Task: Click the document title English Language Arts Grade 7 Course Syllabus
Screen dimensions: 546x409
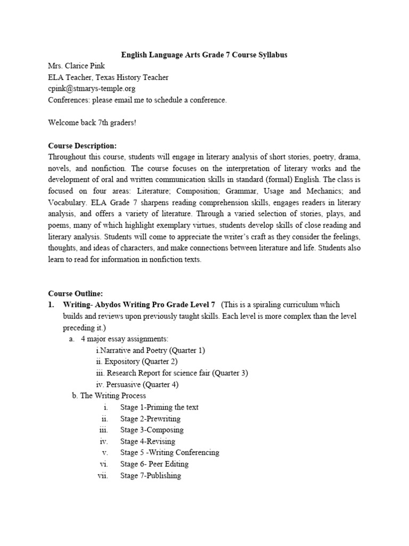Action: pyautogui.click(x=204, y=55)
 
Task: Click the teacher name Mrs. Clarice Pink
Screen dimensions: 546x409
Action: pyautogui.click(x=77, y=66)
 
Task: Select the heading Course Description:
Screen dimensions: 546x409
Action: pyautogui.click(x=82, y=146)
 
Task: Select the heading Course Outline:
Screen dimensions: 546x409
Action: pyautogui.click(x=76, y=293)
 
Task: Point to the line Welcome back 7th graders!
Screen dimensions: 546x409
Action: pyautogui.click(x=92, y=123)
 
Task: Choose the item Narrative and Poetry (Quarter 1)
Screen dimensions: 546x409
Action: pyautogui.click(x=150, y=350)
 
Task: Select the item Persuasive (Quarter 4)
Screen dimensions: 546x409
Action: pyautogui.click(x=137, y=384)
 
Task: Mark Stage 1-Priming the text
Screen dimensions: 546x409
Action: pyautogui.click(x=159, y=407)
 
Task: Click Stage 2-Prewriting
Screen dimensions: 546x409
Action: pyautogui.click(x=150, y=419)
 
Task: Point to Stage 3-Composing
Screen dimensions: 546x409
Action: pyautogui.click(x=152, y=430)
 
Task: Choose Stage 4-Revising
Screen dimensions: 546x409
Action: pyautogui.click(x=148, y=441)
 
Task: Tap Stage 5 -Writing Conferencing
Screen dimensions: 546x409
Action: pyautogui.click(x=169, y=453)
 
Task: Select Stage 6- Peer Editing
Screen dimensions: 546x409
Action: pyautogui.click(x=150, y=464)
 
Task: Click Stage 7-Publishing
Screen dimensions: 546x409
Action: pyautogui.click(x=151, y=476)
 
